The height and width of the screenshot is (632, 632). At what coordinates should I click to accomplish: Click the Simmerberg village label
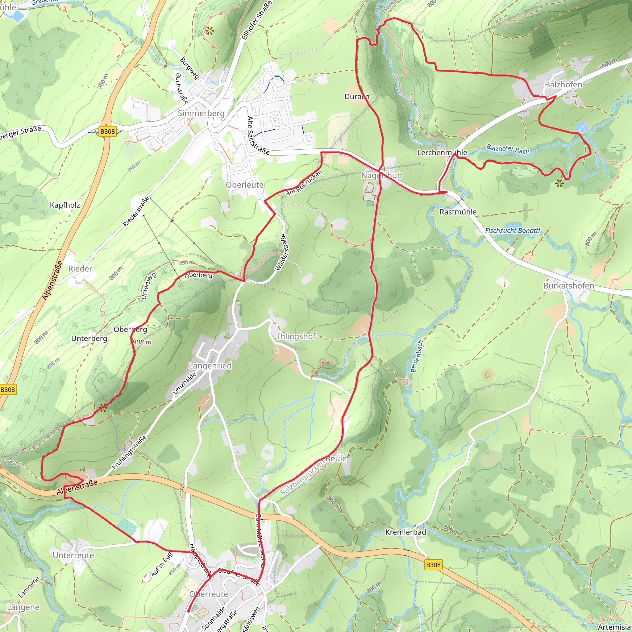pos(201,113)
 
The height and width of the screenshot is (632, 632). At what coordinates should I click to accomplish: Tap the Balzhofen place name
pos(563,85)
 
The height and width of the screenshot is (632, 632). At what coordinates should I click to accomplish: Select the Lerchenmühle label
pos(442,152)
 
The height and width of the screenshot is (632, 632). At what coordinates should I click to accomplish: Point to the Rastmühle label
pos(458,212)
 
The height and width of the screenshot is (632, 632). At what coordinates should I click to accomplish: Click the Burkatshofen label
pos(568,285)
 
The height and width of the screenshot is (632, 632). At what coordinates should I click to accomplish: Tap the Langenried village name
pos(210,365)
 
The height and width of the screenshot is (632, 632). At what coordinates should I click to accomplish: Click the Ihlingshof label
pos(296,336)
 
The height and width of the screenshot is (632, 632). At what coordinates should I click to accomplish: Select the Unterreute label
pos(73,555)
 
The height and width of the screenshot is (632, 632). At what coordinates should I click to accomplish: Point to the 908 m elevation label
pos(142,342)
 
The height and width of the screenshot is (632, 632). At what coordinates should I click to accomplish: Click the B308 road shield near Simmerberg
pos(107,131)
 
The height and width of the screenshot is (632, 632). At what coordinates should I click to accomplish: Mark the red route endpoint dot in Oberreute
pos(189,611)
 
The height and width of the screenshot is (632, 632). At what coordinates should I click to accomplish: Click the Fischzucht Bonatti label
pos(512,231)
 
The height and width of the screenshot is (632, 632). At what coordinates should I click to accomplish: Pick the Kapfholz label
pos(65,205)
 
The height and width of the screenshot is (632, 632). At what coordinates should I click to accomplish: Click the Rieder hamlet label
pos(80,268)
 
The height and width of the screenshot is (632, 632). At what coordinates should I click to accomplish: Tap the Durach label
pos(357,97)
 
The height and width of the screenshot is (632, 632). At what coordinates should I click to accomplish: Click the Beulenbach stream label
pos(417,356)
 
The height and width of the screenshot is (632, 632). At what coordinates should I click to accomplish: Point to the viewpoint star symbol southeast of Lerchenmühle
pos(559,183)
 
